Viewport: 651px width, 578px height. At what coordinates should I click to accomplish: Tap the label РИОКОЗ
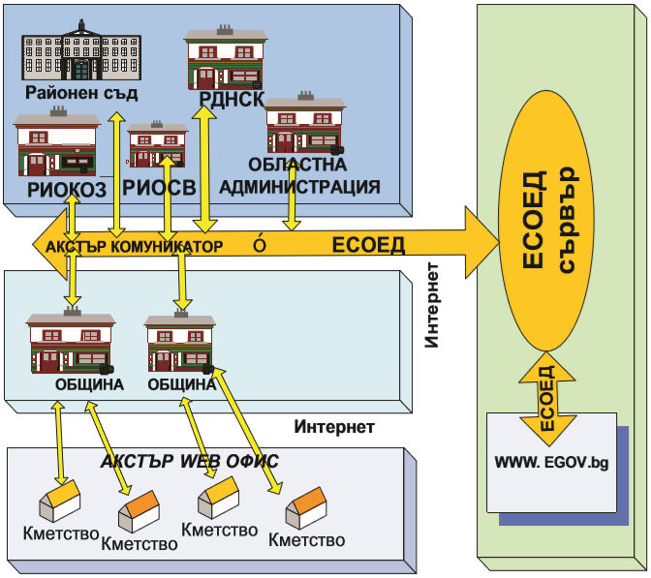pyautogui.click(x=60, y=189)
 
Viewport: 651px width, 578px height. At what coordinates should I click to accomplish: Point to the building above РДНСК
pyautogui.click(x=224, y=61)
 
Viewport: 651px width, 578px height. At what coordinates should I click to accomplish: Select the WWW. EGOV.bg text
pyautogui.click(x=551, y=464)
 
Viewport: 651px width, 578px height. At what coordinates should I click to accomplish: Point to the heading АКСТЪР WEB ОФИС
pyautogui.click(x=190, y=462)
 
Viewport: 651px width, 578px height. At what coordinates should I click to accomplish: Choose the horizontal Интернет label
pyautogui.click(x=333, y=426)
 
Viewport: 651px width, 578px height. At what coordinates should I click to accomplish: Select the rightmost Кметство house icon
pyautogui.click(x=307, y=508)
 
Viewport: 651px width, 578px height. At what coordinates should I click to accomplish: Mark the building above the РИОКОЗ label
pyautogui.click(x=56, y=144)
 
